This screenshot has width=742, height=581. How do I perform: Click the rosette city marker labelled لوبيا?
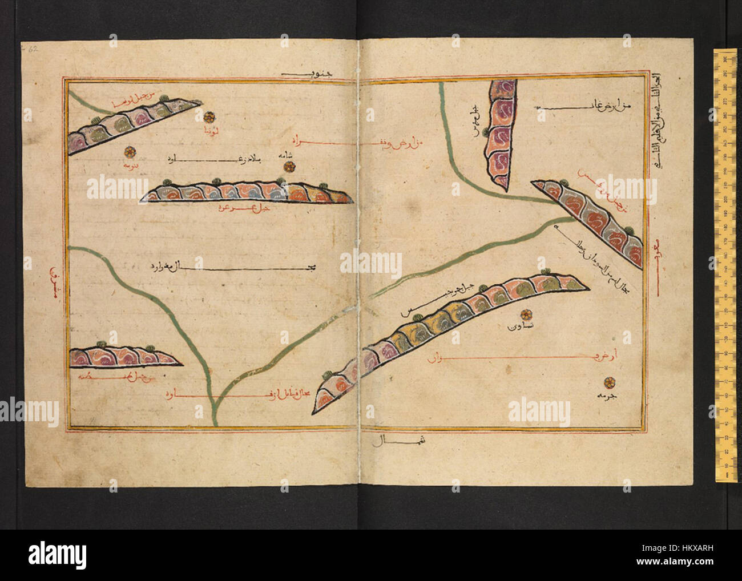coord(209,117)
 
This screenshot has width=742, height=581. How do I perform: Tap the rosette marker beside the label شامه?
coord(289,167)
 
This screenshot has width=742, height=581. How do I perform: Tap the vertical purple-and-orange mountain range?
coord(501,134)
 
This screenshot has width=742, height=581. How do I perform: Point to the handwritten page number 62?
coord(33,49)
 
